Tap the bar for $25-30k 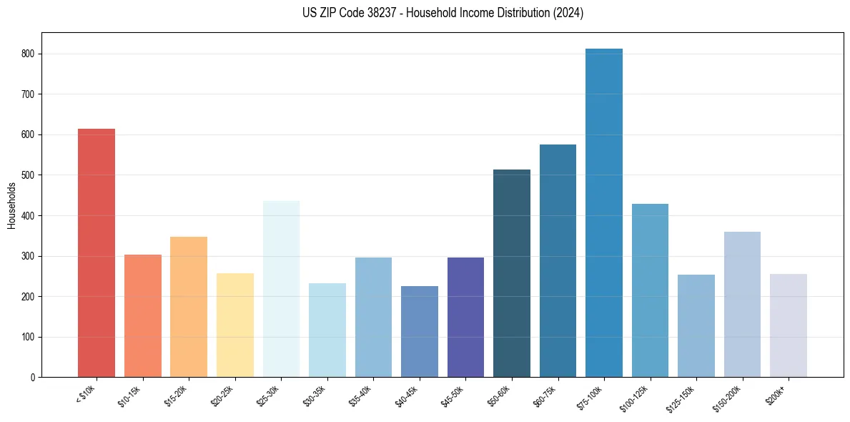tap(281, 289)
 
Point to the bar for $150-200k tap(742, 304)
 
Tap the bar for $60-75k tap(558, 260)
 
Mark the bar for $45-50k tap(465, 317)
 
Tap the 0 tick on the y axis tap(33, 377)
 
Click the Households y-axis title tap(11, 205)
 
